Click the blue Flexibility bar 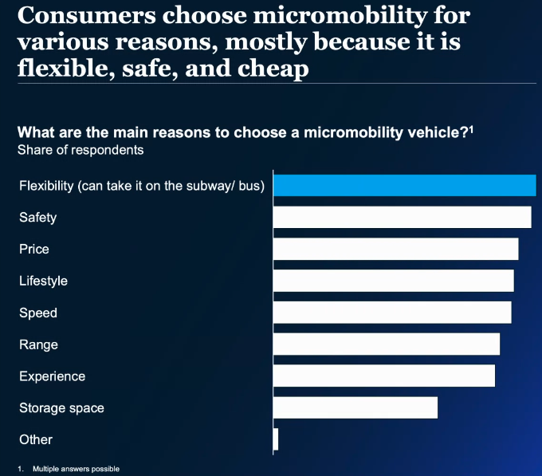404,185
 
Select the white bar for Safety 402,217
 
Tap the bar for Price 395,249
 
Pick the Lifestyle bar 393,281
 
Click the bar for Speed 392,313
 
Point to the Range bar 386,344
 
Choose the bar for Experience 383,376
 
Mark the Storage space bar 355,407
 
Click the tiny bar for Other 276,439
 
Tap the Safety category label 37,218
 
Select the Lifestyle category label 43,281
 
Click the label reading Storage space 61,408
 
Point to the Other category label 36,440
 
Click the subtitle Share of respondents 81,149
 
